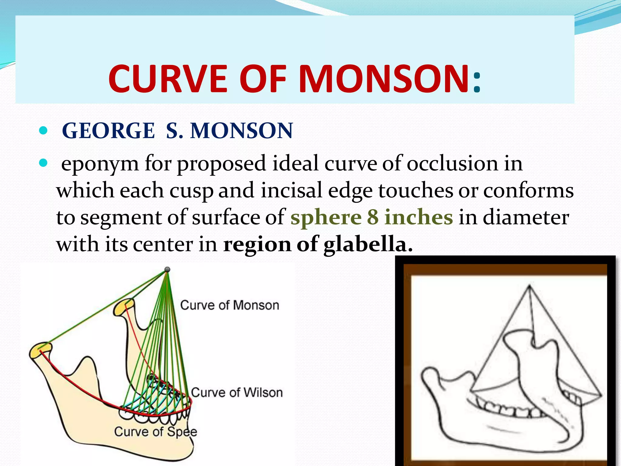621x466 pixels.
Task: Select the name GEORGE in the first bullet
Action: pos(109,131)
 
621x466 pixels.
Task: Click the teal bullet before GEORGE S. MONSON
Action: pos(44,131)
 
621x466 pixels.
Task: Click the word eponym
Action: pos(100,164)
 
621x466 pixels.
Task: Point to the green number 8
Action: pos(373,217)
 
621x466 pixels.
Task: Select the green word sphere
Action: pos(326,218)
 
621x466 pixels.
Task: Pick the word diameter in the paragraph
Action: pos(525,217)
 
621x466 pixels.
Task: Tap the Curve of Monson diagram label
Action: pos(230,305)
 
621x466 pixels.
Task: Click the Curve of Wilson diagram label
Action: pos(237,393)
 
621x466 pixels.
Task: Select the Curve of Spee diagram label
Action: pos(156,431)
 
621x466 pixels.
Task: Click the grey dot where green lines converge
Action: pos(167,269)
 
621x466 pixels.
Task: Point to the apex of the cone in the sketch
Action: pos(529,286)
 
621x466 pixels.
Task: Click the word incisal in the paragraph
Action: pos(291,191)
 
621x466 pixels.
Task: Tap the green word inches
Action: pos(419,217)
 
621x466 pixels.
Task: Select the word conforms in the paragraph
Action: pos(528,191)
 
